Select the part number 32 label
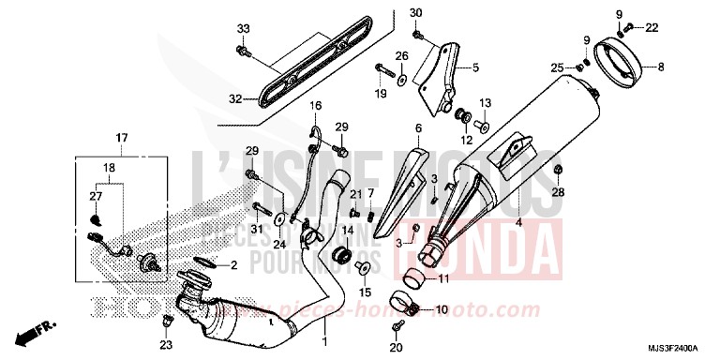coord(235,97)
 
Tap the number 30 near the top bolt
coord(416,12)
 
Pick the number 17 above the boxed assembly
coord(121,139)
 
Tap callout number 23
coord(167,345)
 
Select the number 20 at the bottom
coord(396,348)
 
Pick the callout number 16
coord(317,105)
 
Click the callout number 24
coord(278,245)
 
